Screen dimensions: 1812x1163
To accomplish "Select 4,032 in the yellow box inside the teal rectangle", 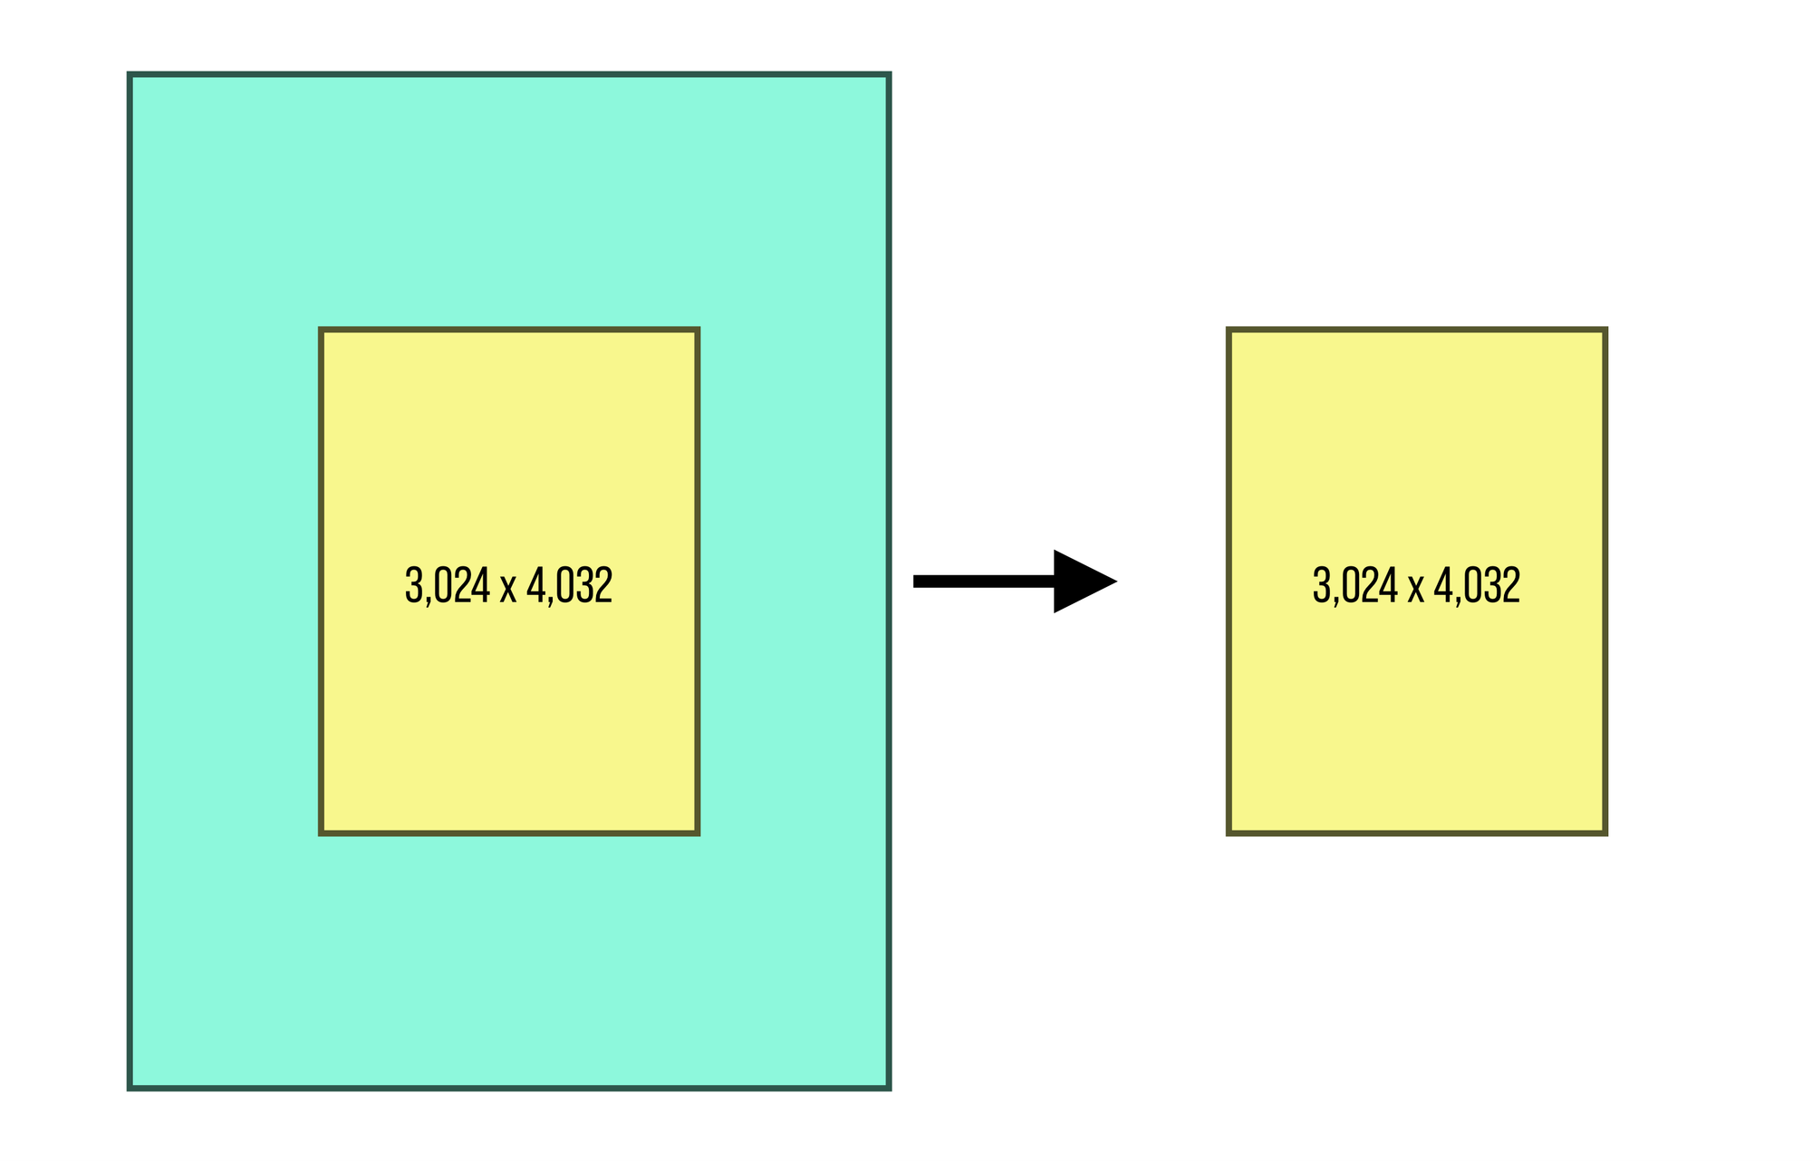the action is (569, 585).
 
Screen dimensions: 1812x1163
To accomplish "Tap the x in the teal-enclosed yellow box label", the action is (508, 589).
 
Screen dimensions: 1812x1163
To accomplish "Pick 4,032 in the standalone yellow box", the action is (1477, 585).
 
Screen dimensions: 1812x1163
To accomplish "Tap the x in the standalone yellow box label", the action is (1415, 589).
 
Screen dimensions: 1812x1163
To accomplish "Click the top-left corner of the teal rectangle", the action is (130, 74).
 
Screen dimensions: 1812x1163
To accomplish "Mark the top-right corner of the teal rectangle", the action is (889, 74).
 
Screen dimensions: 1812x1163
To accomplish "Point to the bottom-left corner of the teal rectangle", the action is (130, 1087).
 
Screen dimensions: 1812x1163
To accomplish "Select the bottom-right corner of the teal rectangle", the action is (889, 1087).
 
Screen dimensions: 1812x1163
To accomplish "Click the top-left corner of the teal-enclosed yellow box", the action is (322, 330).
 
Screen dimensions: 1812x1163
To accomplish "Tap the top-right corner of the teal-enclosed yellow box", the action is (698, 330).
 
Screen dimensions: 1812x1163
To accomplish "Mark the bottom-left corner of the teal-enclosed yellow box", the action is (322, 832).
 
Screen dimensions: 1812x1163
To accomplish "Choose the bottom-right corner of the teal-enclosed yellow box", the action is (698, 832).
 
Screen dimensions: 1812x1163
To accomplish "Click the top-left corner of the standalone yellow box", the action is (1229, 330).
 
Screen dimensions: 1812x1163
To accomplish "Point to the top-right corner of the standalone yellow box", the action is (1605, 330).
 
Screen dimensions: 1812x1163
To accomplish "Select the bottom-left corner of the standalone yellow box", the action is (1229, 832).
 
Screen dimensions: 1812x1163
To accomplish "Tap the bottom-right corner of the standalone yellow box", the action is (1605, 832).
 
